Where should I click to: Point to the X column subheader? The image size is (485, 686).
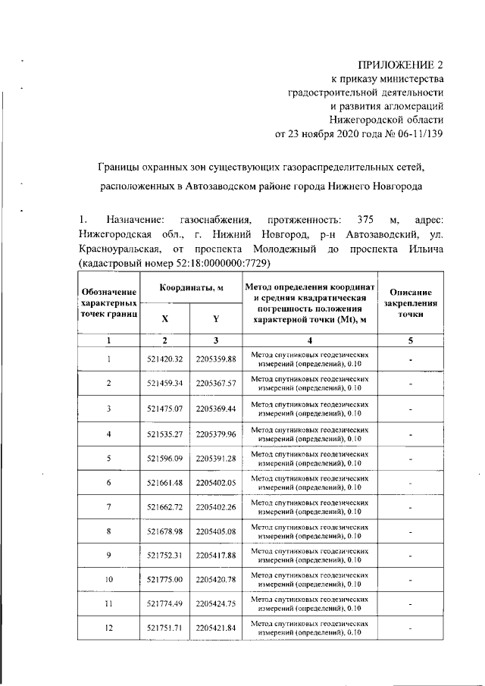164,319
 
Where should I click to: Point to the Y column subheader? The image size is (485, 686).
215,319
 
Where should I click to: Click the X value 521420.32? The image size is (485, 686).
164,359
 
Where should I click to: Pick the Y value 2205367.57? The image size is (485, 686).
216,384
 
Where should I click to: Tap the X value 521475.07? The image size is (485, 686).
164,409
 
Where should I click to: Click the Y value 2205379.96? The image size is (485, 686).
216,434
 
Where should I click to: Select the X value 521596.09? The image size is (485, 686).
164,458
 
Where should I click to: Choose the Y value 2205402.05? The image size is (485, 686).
216,483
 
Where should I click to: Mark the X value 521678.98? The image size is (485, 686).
164,532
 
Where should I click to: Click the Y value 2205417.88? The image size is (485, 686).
216,556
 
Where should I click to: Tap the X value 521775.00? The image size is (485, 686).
164,580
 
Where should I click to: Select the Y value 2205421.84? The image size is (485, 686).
216,628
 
